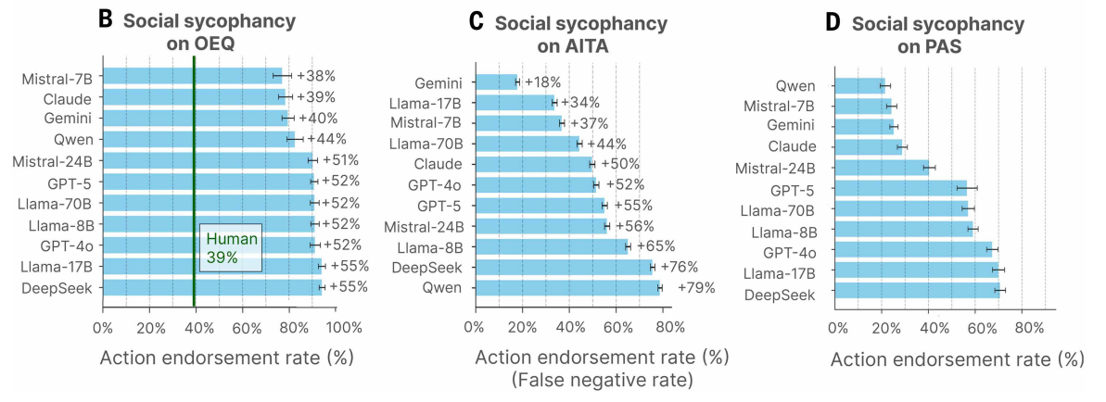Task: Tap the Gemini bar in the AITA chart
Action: click(x=496, y=82)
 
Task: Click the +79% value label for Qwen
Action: click(x=696, y=288)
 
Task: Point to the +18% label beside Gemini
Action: click(x=543, y=82)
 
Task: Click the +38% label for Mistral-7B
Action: click(x=316, y=76)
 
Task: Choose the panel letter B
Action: click(x=105, y=18)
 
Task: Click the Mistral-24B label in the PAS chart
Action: click(x=775, y=168)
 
